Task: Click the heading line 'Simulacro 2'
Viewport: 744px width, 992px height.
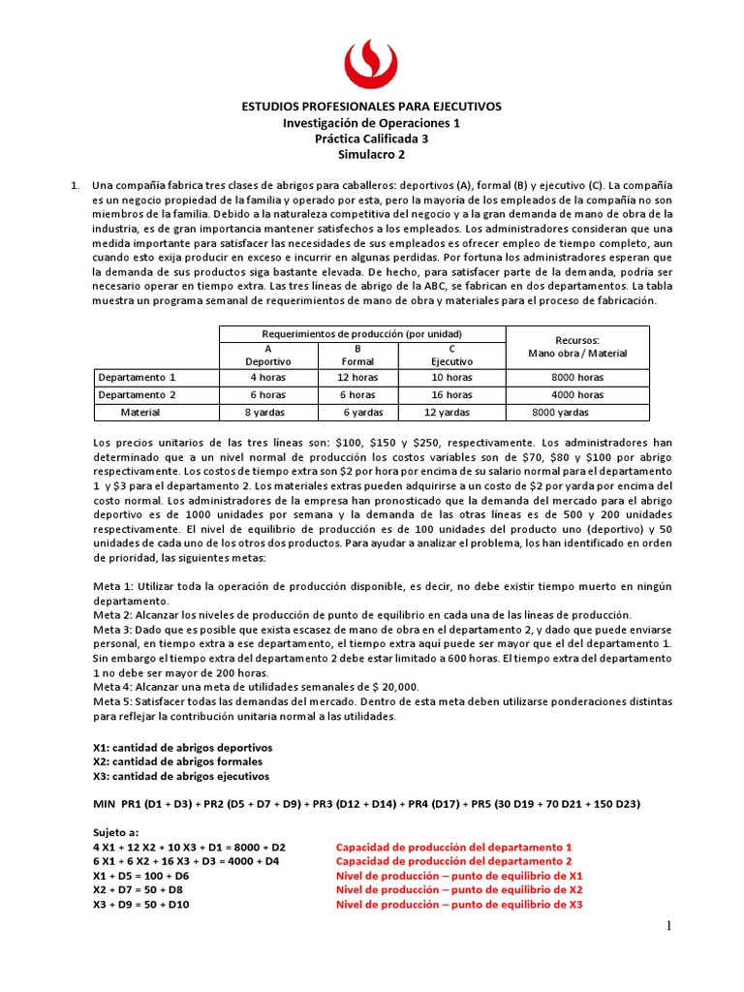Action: coord(371,154)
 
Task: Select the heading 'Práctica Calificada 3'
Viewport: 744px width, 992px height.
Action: coord(371,139)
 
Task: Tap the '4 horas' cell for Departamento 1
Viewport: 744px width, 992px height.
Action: coord(267,377)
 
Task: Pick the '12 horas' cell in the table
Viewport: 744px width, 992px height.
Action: coord(357,377)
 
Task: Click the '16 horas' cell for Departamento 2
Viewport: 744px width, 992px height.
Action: coord(451,394)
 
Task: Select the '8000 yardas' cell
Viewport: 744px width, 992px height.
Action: coord(560,412)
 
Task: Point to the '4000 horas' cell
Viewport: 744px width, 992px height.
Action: coord(578,394)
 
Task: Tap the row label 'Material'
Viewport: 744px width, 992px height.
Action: coord(139,412)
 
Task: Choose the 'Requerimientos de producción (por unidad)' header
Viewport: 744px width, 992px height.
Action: coord(363,333)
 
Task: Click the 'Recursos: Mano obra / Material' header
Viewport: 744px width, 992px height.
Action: coord(577,347)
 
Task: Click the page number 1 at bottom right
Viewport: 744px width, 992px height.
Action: coord(667,927)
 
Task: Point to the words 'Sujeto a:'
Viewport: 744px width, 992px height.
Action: coord(115,831)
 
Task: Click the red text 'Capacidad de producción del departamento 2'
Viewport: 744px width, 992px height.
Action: coord(453,860)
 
